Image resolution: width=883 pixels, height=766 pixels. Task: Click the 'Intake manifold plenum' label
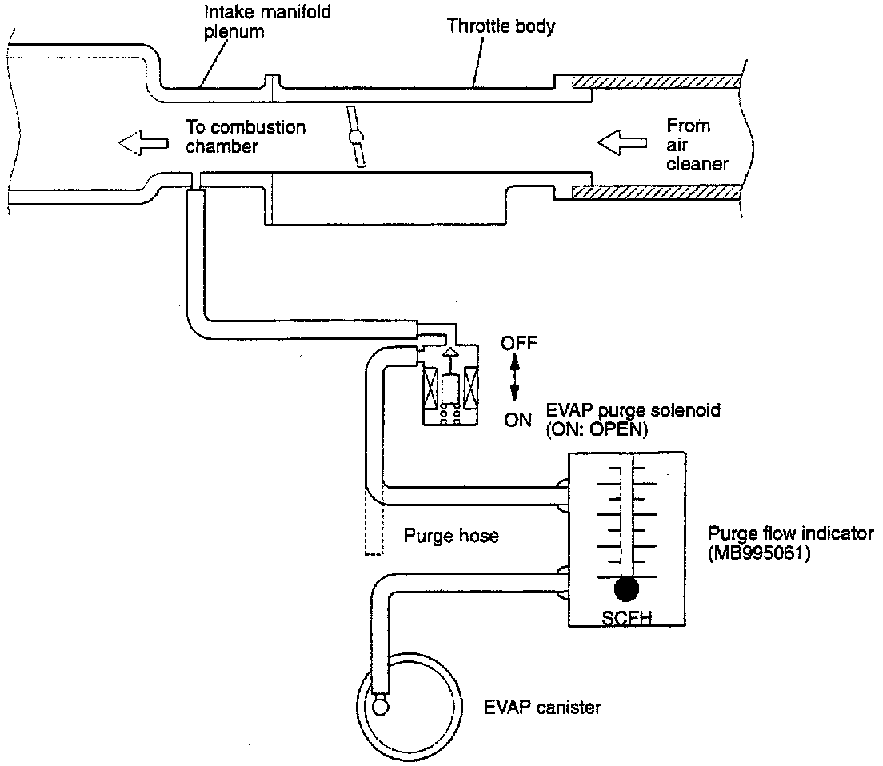tap(267, 22)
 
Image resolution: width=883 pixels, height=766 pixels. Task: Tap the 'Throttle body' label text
tap(501, 26)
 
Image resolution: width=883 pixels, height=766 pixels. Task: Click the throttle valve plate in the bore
tap(356, 137)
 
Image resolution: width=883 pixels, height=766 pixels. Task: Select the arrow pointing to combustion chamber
tap(144, 142)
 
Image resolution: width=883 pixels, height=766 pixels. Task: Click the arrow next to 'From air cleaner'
tap(622, 142)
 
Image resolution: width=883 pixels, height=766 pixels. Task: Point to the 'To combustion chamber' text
tap(246, 136)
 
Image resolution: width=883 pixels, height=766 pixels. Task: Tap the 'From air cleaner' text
tap(697, 144)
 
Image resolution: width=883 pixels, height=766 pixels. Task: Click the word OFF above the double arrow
tap(519, 343)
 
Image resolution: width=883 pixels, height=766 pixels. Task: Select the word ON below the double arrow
tap(518, 420)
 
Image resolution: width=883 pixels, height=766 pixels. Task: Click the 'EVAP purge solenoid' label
tap(633, 409)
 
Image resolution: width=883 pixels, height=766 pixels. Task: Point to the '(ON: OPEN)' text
tap(597, 429)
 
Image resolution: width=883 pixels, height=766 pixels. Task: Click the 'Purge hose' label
tap(451, 535)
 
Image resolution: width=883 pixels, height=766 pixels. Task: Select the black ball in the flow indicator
tap(627, 589)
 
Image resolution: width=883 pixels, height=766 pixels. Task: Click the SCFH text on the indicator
tap(627, 618)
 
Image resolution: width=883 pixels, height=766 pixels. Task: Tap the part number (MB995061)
tap(759, 553)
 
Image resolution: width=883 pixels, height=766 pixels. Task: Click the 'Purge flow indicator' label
tap(791, 533)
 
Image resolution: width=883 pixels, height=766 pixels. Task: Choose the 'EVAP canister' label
tap(542, 707)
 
